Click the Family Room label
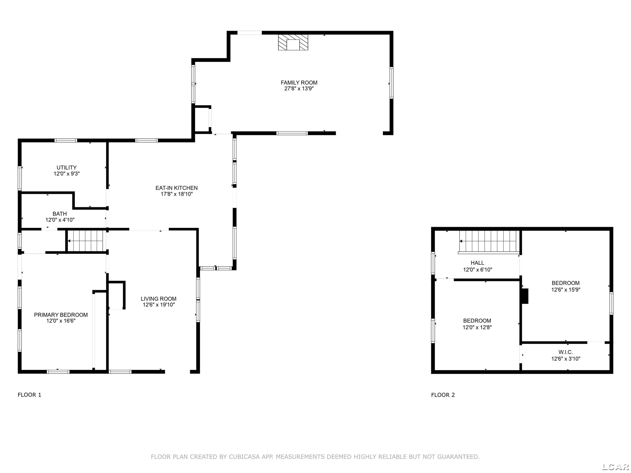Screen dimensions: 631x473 [x=299, y=83]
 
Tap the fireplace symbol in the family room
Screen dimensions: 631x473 [x=293, y=42]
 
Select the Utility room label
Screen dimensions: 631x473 [x=66, y=168]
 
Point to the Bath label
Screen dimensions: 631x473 [x=60, y=214]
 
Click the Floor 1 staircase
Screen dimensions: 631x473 [x=86, y=241]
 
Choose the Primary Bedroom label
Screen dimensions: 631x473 [x=61, y=315]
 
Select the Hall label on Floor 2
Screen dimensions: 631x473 [x=477, y=263]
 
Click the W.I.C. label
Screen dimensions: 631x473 [x=565, y=352]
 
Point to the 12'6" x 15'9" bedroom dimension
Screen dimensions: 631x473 [x=566, y=290]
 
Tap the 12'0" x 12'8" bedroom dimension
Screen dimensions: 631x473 [x=477, y=327]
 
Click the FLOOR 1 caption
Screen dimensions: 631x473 [x=29, y=395]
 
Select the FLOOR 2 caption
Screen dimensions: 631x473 [x=443, y=395]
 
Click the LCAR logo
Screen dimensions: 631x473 [x=615, y=467]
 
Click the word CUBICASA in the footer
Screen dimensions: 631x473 [x=244, y=457]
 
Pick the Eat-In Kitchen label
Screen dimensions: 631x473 [x=177, y=188]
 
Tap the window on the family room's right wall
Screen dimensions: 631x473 [x=391, y=83]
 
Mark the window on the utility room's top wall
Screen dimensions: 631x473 [x=66, y=140]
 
